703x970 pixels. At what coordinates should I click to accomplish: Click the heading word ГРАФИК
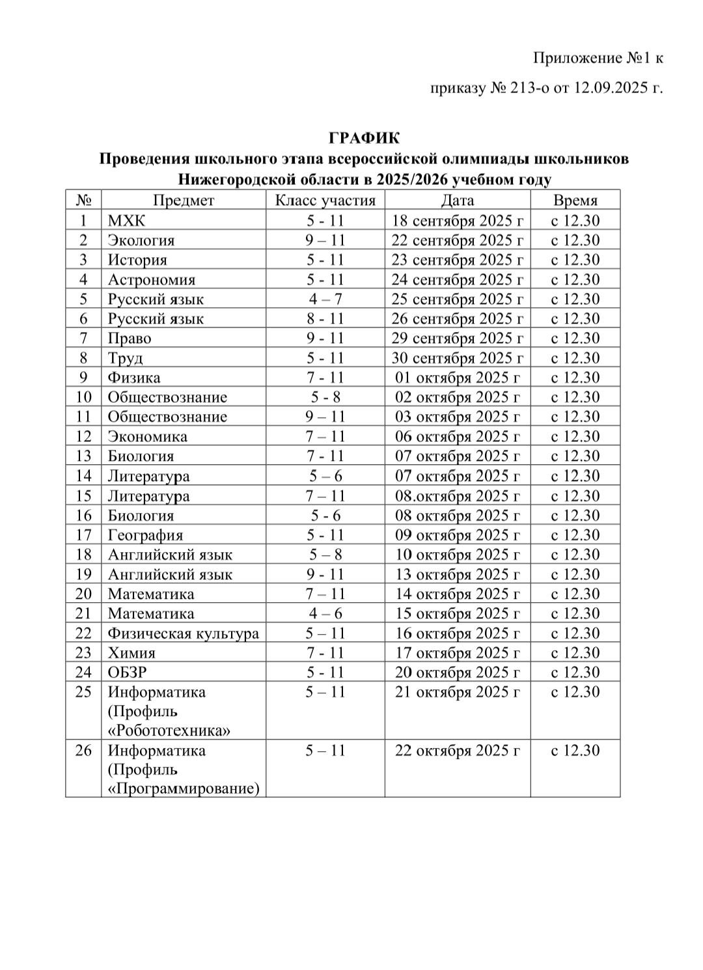(x=365, y=138)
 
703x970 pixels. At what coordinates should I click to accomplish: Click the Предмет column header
(x=184, y=201)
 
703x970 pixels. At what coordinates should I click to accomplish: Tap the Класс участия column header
(x=325, y=201)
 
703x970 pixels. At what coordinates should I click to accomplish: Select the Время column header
(x=575, y=201)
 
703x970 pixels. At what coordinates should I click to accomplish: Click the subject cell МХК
(x=127, y=220)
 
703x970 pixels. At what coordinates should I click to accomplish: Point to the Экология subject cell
(x=141, y=240)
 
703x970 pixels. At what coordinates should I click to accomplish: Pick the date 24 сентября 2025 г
(x=458, y=279)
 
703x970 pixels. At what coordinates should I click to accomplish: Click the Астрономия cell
(x=152, y=279)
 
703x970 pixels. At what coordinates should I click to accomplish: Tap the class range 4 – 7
(x=325, y=299)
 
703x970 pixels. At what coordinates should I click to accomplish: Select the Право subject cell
(x=130, y=339)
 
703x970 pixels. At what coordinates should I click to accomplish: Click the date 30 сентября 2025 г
(x=458, y=358)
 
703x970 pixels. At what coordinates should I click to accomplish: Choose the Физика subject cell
(x=134, y=378)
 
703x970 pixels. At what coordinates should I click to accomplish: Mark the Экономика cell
(x=148, y=436)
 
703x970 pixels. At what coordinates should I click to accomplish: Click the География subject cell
(x=146, y=535)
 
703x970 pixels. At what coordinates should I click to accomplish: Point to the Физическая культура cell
(x=184, y=633)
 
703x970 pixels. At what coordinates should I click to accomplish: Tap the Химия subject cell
(x=131, y=652)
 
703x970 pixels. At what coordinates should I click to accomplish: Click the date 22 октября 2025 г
(x=458, y=751)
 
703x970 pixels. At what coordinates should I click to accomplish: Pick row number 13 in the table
(x=84, y=456)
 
